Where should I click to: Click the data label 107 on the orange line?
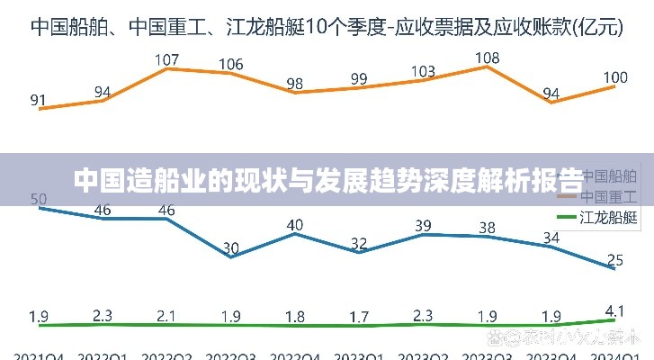click(x=167, y=61)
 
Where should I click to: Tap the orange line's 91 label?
click(x=39, y=100)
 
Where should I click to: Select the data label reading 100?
click(x=615, y=77)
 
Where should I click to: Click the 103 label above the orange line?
click(x=423, y=72)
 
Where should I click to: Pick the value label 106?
click(x=230, y=65)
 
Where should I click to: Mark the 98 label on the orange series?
click(x=294, y=84)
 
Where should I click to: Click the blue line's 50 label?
click(x=39, y=199)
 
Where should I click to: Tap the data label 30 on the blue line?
click(x=230, y=247)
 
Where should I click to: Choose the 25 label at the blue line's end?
click(x=615, y=260)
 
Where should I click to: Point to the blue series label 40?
click(x=294, y=224)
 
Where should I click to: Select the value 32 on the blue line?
click(x=359, y=243)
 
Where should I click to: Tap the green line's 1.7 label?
click(x=359, y=316)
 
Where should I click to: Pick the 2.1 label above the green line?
click(x=167, y=315)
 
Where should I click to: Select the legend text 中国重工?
click(x=608, y=195)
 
